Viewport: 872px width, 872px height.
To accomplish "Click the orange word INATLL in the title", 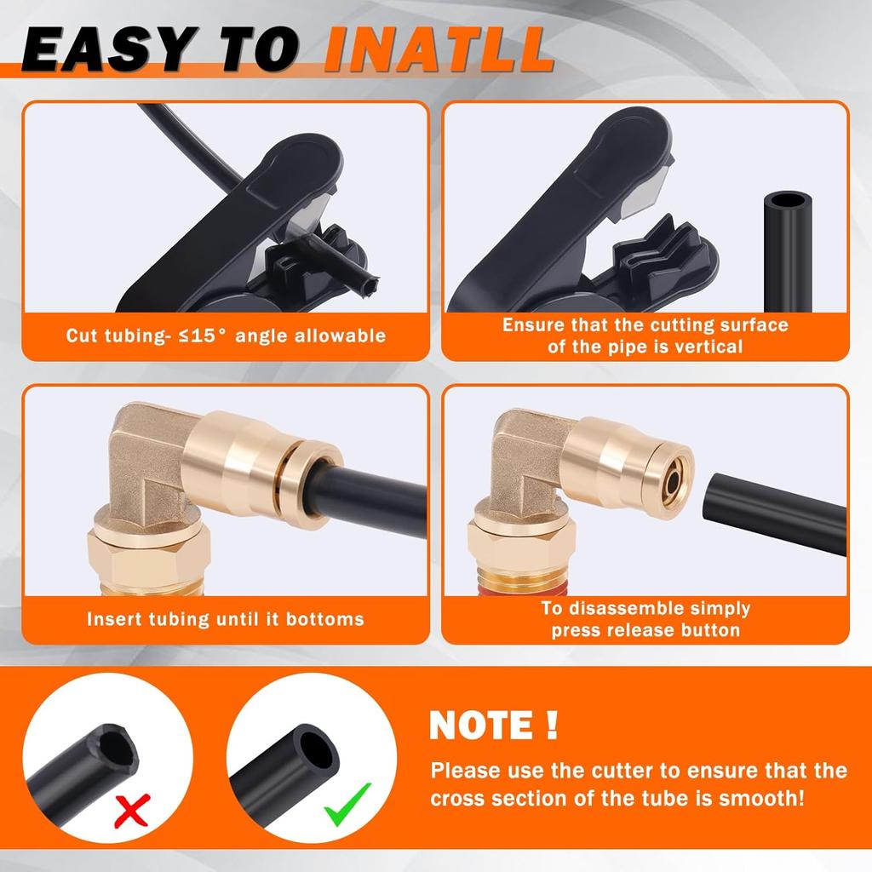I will [438, 52].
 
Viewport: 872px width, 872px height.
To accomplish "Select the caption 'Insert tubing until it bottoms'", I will [225, 619].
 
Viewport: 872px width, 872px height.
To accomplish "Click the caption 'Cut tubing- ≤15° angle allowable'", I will [226, 336].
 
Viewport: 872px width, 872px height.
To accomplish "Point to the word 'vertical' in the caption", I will [704, 347].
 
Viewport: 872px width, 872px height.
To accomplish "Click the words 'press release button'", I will [645, 631].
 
